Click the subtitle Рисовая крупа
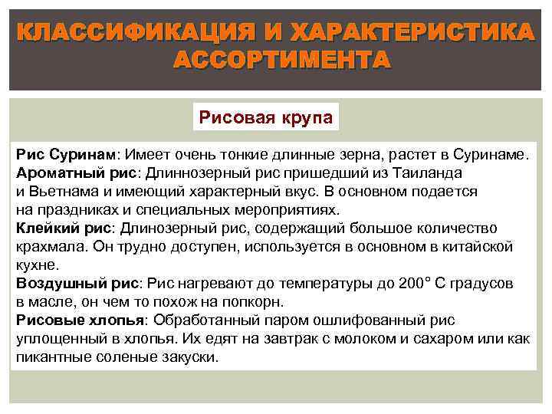click(265, 118)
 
